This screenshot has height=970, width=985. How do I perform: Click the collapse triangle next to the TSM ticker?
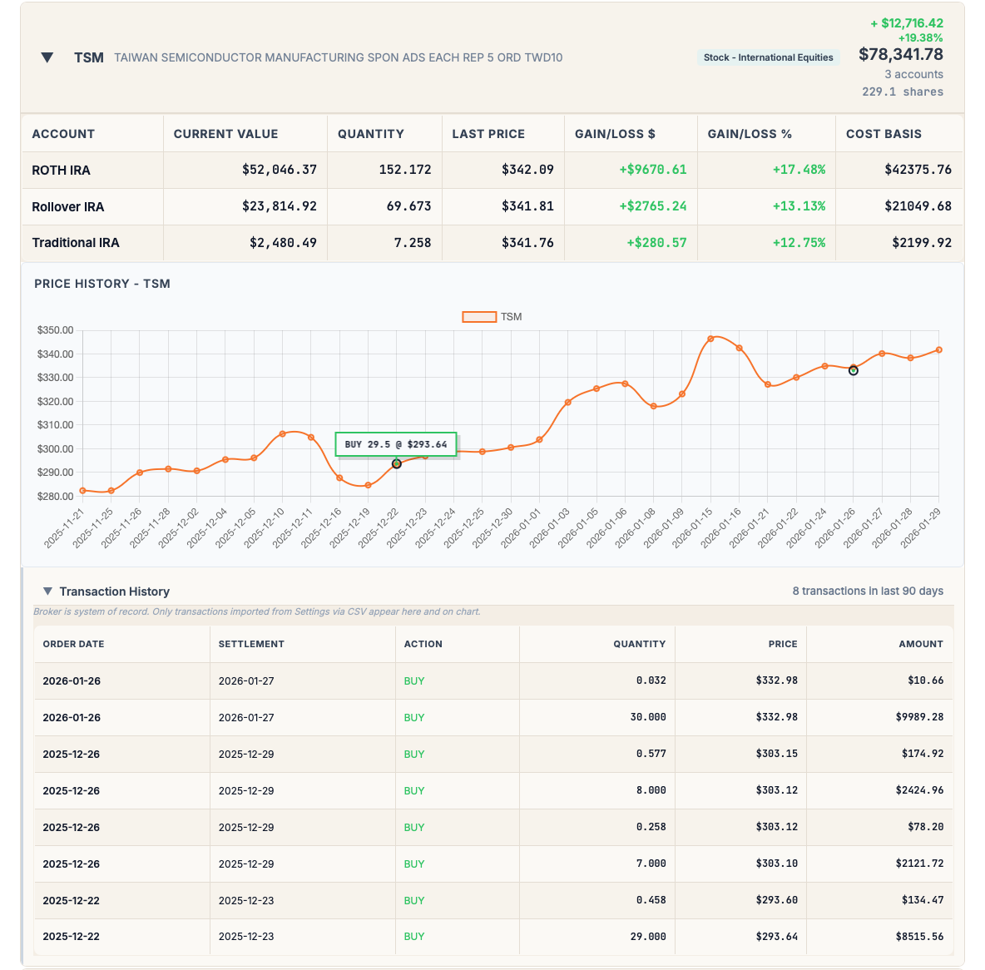pos(47,57)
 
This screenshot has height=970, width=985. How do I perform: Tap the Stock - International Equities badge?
pos(768,57)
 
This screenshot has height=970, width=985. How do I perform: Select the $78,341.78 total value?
pos(900,55)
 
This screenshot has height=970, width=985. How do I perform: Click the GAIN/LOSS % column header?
pos(750,134)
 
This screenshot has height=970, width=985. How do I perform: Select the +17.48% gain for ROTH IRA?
pos(799,170)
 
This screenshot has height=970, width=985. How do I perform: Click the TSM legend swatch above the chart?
pos(479,317)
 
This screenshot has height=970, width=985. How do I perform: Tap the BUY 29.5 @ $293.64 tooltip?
pos(396,444)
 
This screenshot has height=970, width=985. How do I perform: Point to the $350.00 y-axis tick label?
pos(55,330)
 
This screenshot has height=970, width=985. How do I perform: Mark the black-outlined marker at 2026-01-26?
pos(853,370)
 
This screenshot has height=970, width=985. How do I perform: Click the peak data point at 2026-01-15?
pos(710,339)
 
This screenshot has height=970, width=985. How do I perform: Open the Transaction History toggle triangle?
pos(47,591)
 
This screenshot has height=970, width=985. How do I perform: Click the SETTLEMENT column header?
pos(251,644)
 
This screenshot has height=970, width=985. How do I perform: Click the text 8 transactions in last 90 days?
pos(868,591)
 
